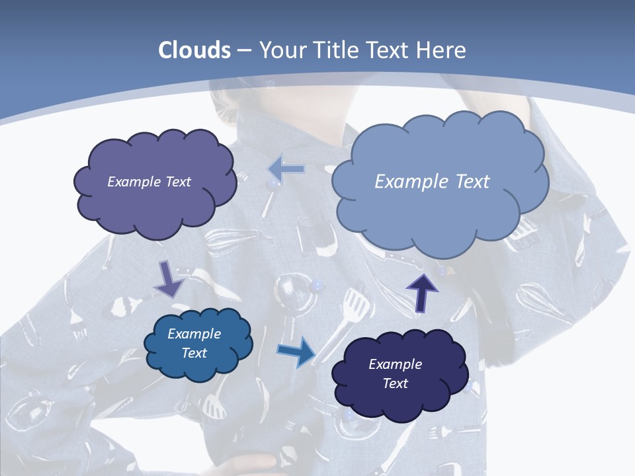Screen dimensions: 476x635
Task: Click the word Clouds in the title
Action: (x=194, y=50)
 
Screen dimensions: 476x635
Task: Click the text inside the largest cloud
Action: (x=432, y=182)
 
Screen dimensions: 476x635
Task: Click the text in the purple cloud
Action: (x=149, y=182)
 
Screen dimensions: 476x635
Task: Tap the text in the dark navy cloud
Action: (x=395, y=374)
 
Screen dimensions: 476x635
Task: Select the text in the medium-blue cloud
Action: (x=194, y=343)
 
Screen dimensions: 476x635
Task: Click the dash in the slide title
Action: (x=243, y=50)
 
